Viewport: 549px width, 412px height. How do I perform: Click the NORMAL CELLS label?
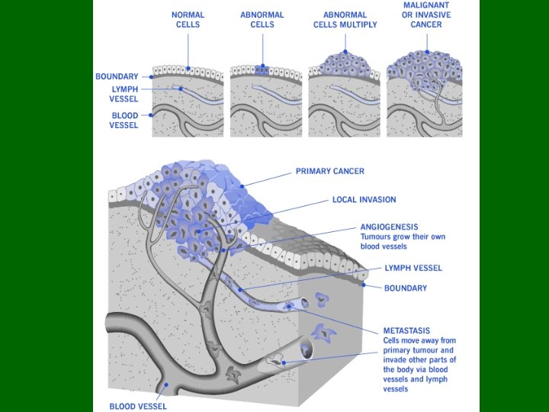[187, 19]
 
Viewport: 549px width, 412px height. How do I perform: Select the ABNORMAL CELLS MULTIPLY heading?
[345, 19]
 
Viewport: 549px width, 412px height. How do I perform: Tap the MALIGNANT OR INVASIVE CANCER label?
[426, 14]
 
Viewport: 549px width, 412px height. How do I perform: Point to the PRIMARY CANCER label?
[329, 172]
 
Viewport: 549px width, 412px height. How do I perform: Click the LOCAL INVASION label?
[364, 200]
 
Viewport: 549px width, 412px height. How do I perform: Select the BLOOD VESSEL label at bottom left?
[137, 407]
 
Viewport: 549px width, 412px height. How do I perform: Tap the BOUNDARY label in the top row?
[117, 76]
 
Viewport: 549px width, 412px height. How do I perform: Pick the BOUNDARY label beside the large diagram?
[405, 288]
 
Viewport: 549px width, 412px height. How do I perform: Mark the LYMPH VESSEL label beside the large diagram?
[413, 268]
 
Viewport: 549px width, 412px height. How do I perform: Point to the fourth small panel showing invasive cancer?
[424, 95]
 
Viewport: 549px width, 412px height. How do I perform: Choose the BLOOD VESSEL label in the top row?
[124, 121]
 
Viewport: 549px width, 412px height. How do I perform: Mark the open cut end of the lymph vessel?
[304, 304]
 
